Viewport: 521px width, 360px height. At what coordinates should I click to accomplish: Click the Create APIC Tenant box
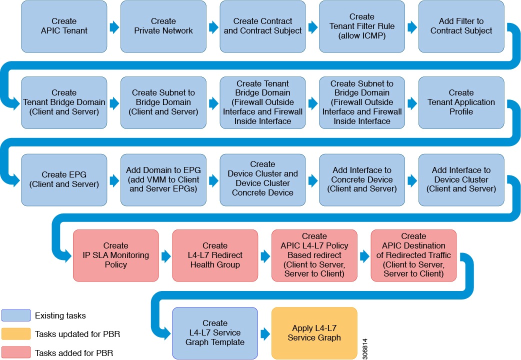[64, 26]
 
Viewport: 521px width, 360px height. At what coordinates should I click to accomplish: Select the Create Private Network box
[163, 26]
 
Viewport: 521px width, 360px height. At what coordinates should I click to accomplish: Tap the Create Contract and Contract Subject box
[262, 26]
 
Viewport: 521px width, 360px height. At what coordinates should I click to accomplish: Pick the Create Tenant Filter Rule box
[362, 26]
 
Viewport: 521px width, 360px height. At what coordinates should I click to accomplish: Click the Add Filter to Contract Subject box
[461, 26]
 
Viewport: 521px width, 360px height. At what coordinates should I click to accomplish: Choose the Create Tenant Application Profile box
[461, 102]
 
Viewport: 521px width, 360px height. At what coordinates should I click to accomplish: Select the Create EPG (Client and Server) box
[64, 179]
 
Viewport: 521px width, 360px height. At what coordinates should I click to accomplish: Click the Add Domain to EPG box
[163, 179]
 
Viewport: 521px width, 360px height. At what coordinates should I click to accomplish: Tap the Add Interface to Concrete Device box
[362, 179]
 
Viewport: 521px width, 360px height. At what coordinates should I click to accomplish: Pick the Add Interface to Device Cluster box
[461, 179]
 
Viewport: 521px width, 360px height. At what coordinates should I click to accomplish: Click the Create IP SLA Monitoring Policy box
[115, 255]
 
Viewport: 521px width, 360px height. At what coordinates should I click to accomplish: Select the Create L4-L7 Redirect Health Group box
[215, 255]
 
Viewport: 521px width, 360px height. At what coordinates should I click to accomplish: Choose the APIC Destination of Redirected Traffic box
[413, 255]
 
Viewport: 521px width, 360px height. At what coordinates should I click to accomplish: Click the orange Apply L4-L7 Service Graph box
[314, 333]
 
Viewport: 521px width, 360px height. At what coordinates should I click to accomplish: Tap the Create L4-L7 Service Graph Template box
[215, 333]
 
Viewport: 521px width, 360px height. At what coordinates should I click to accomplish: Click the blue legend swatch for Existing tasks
[16, 315]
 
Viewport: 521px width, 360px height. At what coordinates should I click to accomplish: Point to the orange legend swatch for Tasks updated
[16, 334]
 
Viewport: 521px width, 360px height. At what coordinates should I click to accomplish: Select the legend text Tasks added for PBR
[74, 353]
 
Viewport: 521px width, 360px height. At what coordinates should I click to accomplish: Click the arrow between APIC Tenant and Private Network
[114, 27]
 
